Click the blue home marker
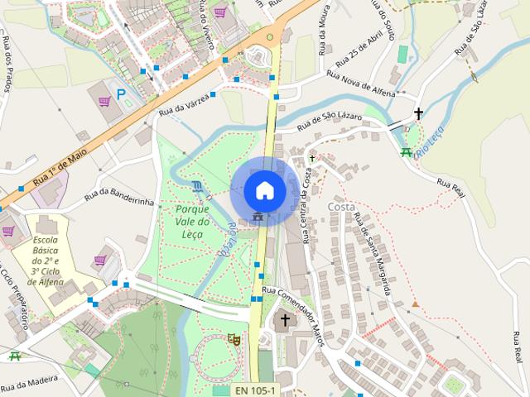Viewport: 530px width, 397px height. pyautogui.click(x=264, y=190)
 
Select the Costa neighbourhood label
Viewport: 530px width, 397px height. pyautogui.click(x=341, y=206)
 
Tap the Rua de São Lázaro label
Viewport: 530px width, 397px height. pyautogui.click(x=330, y=122)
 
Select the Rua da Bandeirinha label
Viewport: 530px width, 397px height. pyautogui.click(x=119, y=197)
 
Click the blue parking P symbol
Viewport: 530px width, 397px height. pyautogui.click(x=122, y=94)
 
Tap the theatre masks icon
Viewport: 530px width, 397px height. pyautogui.click(x=234, y=338)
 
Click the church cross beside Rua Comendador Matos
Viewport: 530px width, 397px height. pyautogui.click(x=286, y=320)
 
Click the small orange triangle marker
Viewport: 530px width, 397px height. pyautogui.click(x=415, y=304)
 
